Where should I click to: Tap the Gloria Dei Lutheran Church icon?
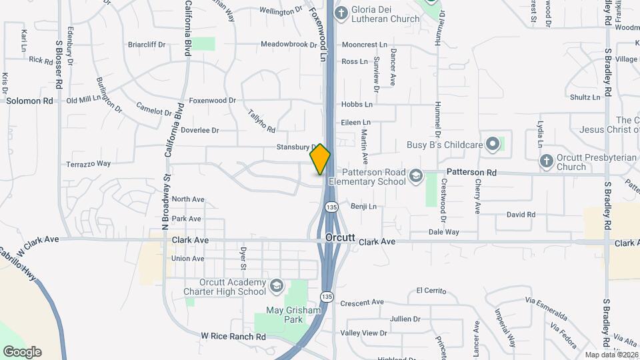tap(341, 12)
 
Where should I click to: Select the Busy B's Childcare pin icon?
tap(493, 144)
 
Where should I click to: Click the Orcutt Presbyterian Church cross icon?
tap(546, 161)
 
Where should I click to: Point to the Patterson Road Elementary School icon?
tap(416, 175)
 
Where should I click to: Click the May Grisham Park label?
tap(294, 314)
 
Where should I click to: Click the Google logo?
tap(22, 351)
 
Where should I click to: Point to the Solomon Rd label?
tap(29, 101)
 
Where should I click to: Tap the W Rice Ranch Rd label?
tap(233, 337)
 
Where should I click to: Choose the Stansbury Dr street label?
tap(296, 147)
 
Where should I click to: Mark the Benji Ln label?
tap(363, 207)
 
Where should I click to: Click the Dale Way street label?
tap(443, 232)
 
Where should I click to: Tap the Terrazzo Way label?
tap(88, 163)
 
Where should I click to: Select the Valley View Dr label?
tap(364, 333)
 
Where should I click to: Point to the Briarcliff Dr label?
tap(147, 45)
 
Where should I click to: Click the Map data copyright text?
tap(611, 354)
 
